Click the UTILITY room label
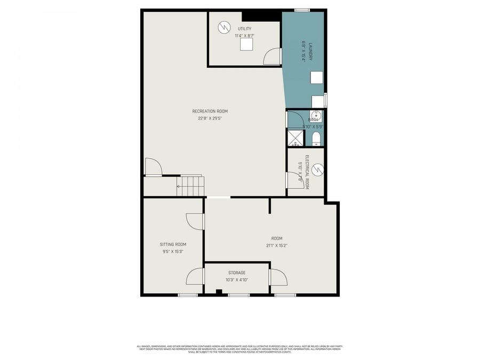(x=245, y=29)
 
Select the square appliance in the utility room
(x=246, y=44)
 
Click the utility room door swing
(x=273, y=56)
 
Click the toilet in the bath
(x=316, y=139)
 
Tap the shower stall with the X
(x=295, y=138)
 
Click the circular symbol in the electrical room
(x=318, y=170)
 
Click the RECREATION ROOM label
(x=210, y=111)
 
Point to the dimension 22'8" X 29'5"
(x=210, y=118)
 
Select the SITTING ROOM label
(x=173, y=244)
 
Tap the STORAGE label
(x=237, y=273)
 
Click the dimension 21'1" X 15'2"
(x=277, y=245)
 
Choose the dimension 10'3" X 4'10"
(x=237, y=279)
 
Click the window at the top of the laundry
(x=302, y=10)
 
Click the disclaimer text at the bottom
(x=239, y=349)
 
